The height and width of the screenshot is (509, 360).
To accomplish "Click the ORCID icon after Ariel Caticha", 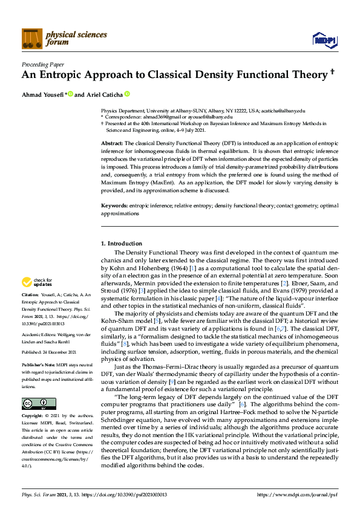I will coord(127,94).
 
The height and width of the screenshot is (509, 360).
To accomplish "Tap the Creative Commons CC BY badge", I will coord(30,404).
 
